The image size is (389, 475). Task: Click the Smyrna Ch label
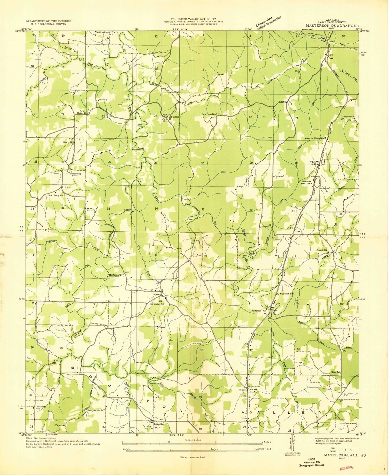point(349,117)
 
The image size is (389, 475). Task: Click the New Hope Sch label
point(209,114)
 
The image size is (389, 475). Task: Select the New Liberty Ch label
point(55,195)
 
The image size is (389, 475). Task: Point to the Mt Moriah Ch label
point(115,275)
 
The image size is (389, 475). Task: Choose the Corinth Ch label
point(321,250)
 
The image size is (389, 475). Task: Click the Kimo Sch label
point(336,372)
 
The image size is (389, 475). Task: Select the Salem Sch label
point(159,424)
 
